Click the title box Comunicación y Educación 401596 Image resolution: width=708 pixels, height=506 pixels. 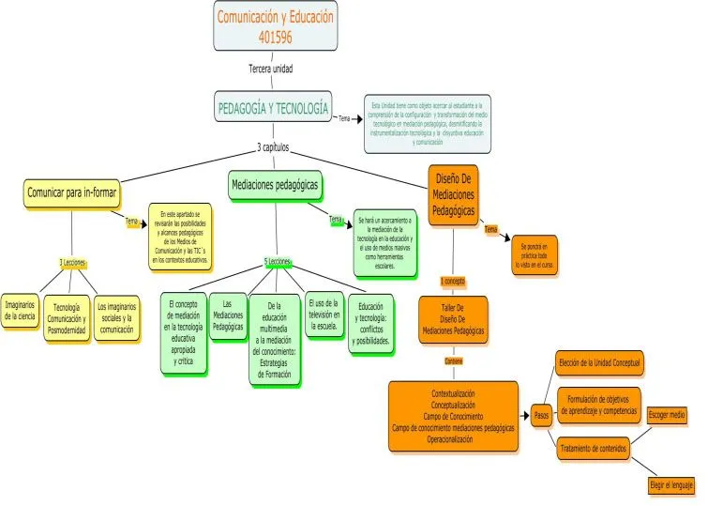[275, 26]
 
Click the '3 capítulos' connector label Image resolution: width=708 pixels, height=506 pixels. [273, 147]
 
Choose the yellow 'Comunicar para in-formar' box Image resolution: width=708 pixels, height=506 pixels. [70, 192]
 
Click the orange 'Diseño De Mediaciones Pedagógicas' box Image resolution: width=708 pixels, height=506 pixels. [453, 194]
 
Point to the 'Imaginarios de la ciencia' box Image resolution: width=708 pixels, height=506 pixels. [21, 312]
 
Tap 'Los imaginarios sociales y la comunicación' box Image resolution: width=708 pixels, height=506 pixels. [116, 317]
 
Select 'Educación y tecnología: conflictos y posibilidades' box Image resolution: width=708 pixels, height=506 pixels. [370, 322]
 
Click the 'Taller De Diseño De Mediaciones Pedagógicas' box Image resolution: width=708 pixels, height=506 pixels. [453, 319]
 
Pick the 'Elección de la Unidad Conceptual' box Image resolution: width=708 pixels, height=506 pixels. [599, 361]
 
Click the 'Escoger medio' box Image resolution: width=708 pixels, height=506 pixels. [667, 414]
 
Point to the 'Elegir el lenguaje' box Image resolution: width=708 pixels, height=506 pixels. [670, 485]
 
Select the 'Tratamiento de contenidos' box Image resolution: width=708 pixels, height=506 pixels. [594, 449]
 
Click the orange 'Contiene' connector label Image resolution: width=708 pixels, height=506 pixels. [454, 360]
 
